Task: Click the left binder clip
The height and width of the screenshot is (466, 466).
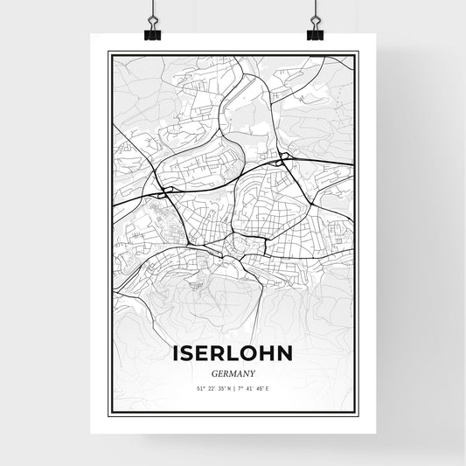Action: tap(150, 32)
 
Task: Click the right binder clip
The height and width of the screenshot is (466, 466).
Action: tap(316, 32)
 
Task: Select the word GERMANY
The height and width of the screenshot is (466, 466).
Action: tap(233, 372)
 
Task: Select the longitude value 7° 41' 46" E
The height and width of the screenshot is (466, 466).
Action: tap(256, 387)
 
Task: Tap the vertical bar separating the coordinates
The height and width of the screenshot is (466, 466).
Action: tap(233, 387)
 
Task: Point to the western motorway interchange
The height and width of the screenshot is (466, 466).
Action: tap(164, 190)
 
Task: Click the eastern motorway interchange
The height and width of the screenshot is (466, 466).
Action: tap(282, 161)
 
